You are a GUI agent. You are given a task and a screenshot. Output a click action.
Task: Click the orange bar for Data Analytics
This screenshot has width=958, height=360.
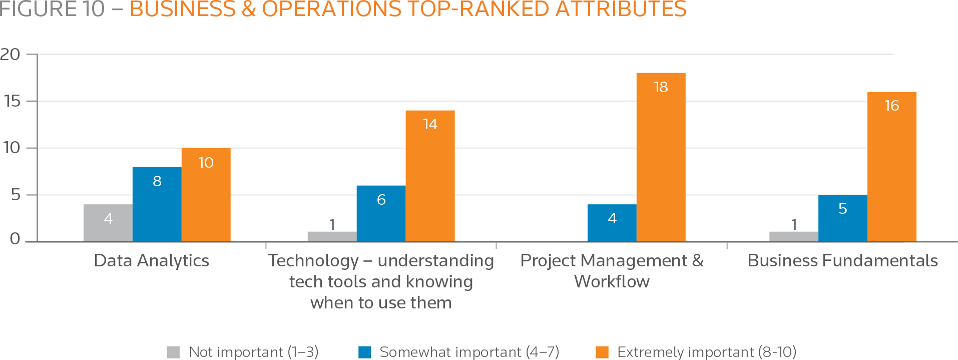pyautogui.click(x=206, y=195)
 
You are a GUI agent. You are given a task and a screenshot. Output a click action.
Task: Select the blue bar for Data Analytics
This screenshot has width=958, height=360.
pyautogui.click(x=157, y=204)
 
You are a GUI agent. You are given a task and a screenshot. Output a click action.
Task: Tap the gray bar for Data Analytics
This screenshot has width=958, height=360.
pyautogui.click(x=108, y=223)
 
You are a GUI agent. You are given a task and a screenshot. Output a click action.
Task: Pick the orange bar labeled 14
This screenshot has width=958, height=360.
pyautogui.click(x=430, y=176)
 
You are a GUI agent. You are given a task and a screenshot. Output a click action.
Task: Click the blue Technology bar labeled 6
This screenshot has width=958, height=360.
pyautogui.click(x=381, y=213)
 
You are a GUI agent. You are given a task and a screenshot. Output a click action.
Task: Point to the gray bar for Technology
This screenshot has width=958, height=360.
pyautogui.click(x=332, y=236)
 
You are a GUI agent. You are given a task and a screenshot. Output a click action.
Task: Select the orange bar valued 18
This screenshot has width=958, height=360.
pyautogui.click(x=661, y=157)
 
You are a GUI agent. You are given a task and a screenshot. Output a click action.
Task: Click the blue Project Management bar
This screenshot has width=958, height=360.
pyautogui.click(x=612, y=223)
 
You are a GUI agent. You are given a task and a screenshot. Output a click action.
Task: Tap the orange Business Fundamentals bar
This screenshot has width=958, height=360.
pyautogui.click(x=892, y=167)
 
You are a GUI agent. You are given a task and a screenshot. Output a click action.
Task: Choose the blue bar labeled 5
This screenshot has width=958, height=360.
pyautogui.click(x=843, y=218)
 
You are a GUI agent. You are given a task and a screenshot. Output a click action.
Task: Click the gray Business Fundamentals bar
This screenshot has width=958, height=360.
pyautogui.click(x=794, y=236)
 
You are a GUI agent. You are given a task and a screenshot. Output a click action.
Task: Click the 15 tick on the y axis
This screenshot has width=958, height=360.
pyautogui.click(x=12, y=101)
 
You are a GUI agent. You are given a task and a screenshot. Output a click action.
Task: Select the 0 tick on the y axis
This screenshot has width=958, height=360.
pyautogui.click(x=15, y=239)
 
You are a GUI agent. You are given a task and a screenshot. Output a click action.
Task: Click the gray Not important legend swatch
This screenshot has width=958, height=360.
pyautogui.click(x=173, y=352)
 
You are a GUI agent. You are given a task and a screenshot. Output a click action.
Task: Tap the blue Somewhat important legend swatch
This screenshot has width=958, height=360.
pyautogui.click(x=365, y=352)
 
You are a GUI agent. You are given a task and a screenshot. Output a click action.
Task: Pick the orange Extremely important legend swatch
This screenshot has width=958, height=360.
pyautogui.click(x=602, y=352)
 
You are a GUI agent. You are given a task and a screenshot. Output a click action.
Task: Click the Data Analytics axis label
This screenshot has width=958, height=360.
pyautogui.click(x=152, y=260)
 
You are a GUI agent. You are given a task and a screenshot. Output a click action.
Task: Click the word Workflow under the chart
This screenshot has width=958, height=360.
pyautogui.click(x=612, y=281)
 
